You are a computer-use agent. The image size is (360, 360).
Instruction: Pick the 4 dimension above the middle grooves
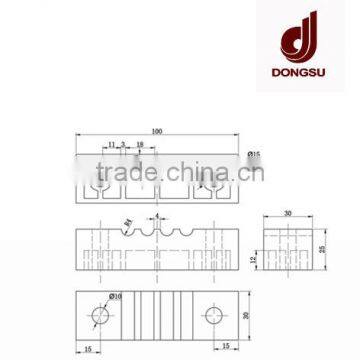pos(157,216)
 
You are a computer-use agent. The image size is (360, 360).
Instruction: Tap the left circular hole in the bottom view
pos(101,316)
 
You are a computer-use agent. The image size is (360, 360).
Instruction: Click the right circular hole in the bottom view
pos(213,316)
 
